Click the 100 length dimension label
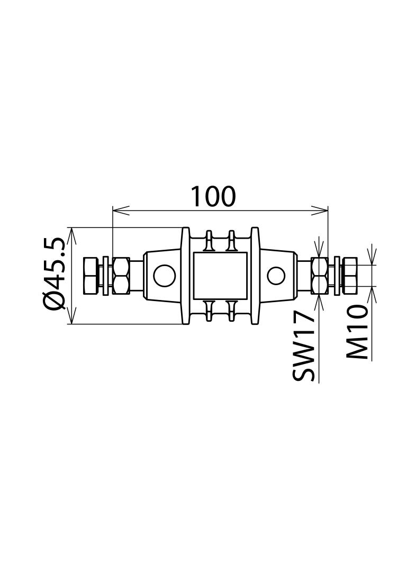pyautogui.click(x=213, y=196)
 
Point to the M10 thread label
pyautogui.click(x=357, y=332)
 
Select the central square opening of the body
pyautogui.click(x=220, y=276)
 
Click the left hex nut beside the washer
pyautogui.click(x=121, y=276)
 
